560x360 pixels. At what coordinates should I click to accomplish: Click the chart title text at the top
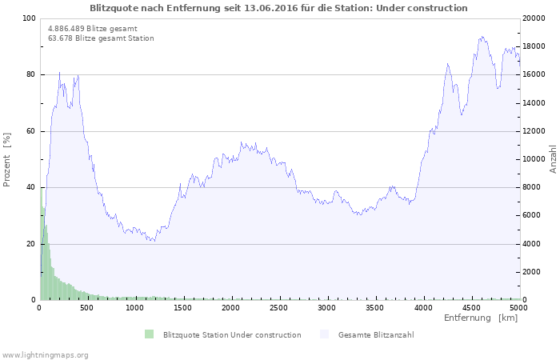point(278,8)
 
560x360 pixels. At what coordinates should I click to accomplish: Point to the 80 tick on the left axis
point(31,74)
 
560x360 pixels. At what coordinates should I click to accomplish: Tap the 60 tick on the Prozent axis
point(31,131)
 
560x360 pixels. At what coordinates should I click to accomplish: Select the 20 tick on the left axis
point(31,244)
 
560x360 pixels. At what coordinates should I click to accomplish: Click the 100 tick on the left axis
point(29,18)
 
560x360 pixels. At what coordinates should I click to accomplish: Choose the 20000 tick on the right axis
point(534,18)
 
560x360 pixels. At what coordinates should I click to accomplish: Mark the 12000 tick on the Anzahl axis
point(534,131)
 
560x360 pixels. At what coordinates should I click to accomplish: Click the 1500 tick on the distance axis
point(183,307)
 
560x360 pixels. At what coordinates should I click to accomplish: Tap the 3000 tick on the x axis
point(326,307)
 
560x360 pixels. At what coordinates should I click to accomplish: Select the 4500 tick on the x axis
point(470,307)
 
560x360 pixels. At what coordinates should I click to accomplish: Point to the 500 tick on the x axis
point(87,307)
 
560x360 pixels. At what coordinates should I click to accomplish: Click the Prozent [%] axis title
point(7,159)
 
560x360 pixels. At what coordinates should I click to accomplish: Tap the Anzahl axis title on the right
point(553,159)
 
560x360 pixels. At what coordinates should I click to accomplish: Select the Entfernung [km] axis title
point(481,318)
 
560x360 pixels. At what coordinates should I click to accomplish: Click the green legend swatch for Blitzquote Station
point(149,334)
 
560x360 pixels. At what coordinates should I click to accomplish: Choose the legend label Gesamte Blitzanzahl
point(376,334)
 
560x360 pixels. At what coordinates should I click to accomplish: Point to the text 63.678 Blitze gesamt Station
point(101,38)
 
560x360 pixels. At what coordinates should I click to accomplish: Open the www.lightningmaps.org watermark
point(45,354)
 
